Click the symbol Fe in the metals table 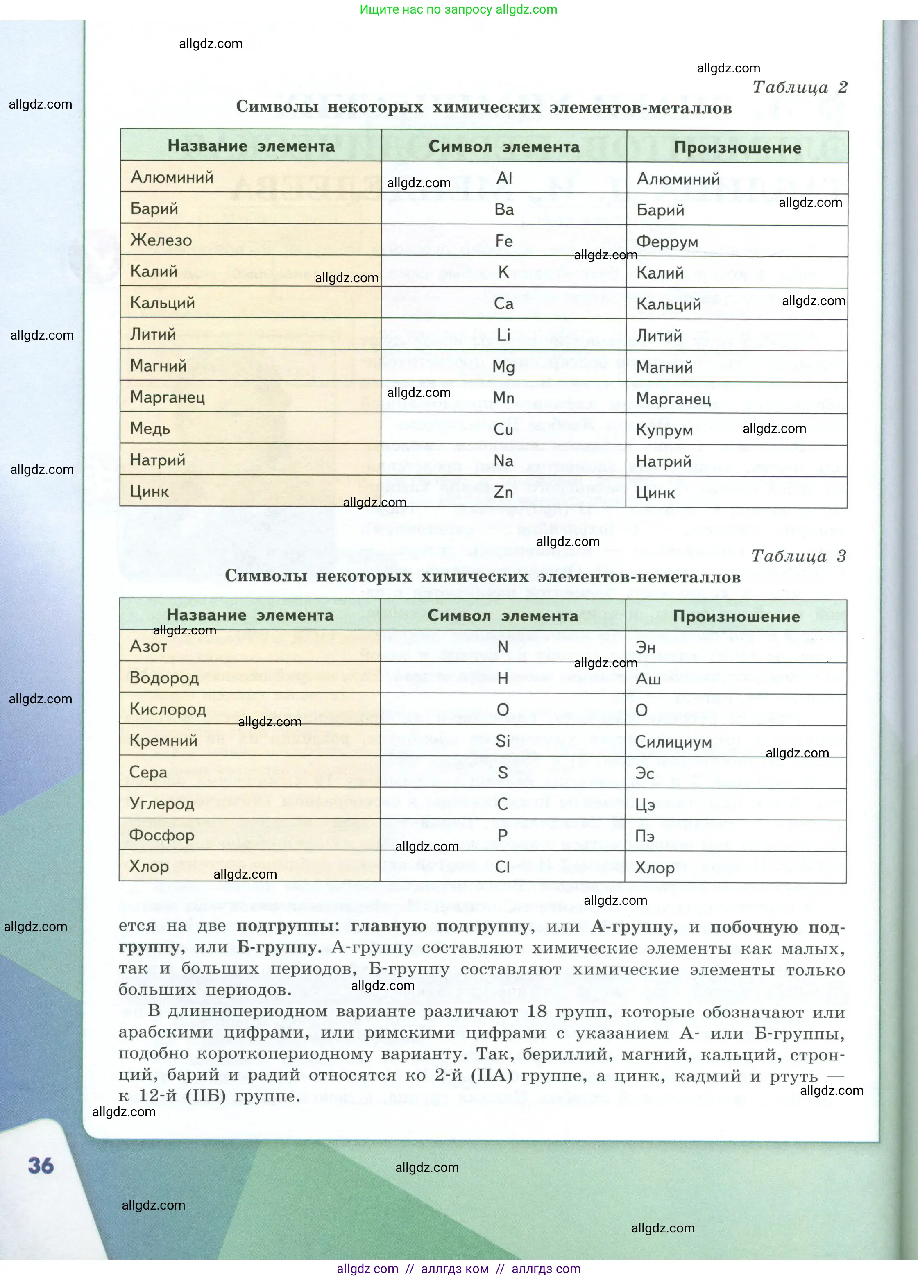click(x=503, y=241)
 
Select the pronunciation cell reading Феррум click(x=667, y=242)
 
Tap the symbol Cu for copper click(x=503, y=430)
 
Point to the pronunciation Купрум click(x=664, y=430)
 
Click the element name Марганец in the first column click(x=167, y=397)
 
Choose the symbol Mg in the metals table click(x=503, y=367)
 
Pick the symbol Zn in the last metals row click(x=503, y=492)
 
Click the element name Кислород click(x=168, y=709)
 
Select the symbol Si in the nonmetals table click(x=503, y=741)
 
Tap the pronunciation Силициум click(x=673, y=742)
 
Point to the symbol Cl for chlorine click(x=503, y=867)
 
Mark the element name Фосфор click(x=161, y=835)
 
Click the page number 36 click(x=41, y=1165)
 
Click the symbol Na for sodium click(x=503, y=460)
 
